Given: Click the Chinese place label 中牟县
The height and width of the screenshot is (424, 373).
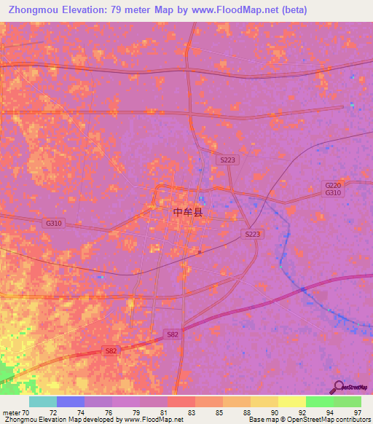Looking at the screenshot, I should (x=188, y=212).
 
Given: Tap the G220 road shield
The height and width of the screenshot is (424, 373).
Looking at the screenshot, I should (x=333, y=186).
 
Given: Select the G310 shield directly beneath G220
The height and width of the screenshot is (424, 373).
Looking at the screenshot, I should (x=333, y=193).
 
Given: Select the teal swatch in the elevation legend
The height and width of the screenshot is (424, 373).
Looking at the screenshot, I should (x=43, y=401).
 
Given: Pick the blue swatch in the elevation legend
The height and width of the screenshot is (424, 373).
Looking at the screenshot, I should (x=71, y=401).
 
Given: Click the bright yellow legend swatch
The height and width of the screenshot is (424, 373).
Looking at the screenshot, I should (x=291, y=401).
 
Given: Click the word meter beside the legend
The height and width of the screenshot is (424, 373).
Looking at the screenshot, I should (x=10, y=412).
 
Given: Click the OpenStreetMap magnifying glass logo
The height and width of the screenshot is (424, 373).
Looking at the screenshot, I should (x=339, y=386).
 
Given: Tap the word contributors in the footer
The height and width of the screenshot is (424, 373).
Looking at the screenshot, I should (x=353, y=420).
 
